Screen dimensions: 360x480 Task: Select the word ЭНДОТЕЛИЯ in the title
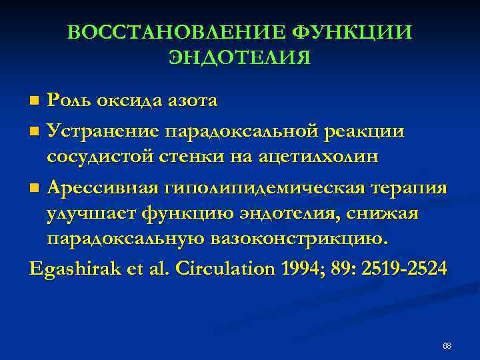239,58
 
